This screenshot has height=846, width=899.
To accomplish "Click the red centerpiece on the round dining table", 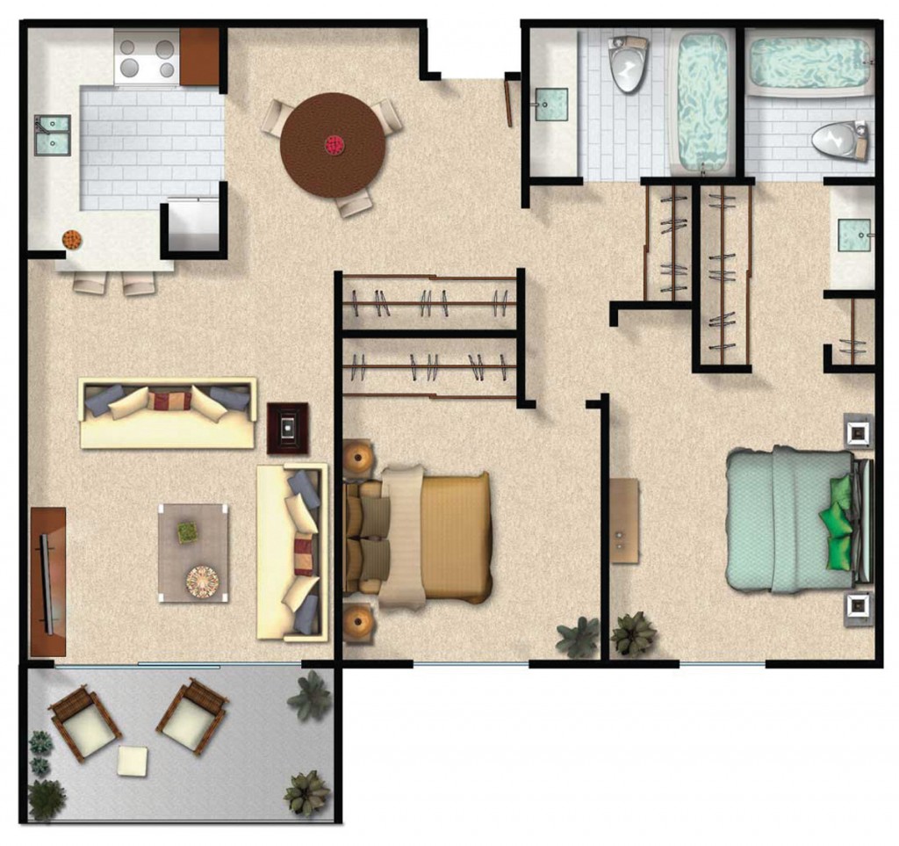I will [x=334, y=145].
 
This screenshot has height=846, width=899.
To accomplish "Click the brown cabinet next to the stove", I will [x=199, y=56].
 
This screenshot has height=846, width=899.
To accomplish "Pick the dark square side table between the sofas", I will [x=287, y=428].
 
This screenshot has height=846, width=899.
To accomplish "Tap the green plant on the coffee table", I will [x=187, y=531].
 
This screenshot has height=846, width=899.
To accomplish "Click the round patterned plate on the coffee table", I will [x=202, y=579].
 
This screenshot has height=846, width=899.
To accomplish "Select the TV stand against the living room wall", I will [x=47, y=581].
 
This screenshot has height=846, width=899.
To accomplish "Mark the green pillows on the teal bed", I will [x=841, y=521].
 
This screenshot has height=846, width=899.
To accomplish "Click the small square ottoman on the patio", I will [x=133, y=760].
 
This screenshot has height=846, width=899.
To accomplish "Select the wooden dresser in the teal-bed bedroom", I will [x=624, y=520].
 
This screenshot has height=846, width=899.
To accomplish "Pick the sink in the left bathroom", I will [x=551, y=105].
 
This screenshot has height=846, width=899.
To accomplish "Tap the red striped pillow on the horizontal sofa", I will [x=169, y=401].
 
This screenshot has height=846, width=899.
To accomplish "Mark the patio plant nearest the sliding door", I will [x=310, y=696].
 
